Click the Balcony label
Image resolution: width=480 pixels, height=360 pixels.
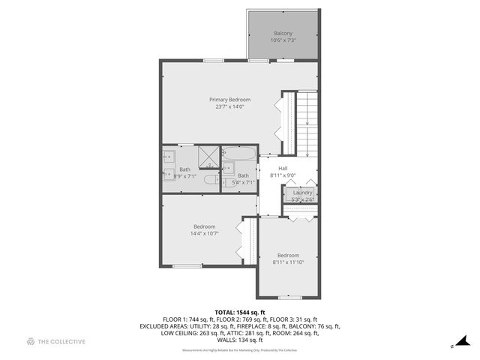(283, 33)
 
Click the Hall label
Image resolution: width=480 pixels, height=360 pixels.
(283, 168)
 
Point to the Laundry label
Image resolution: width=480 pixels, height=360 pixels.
(302, 193)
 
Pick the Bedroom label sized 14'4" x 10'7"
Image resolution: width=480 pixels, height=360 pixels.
(204, 226)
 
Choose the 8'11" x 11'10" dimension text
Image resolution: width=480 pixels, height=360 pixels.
(288, 262)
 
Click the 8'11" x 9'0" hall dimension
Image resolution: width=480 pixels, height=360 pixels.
(283, 175)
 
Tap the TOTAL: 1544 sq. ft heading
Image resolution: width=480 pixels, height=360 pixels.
(239, 312)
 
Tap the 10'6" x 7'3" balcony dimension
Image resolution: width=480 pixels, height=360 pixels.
(283, 40)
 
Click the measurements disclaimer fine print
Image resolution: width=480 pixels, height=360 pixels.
(239, 350)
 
